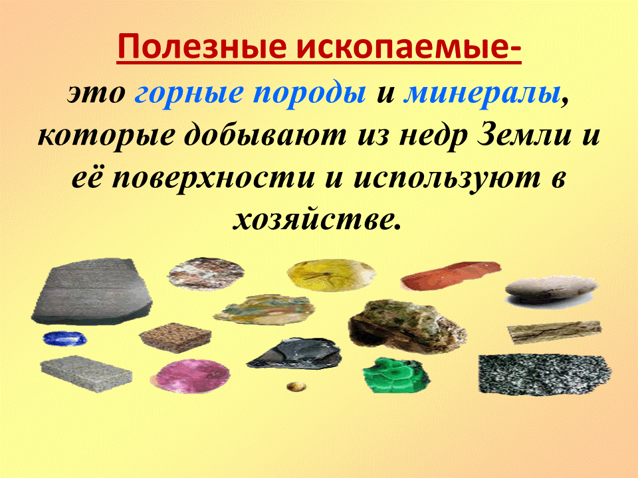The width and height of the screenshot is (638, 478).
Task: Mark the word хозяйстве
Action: pyautogui.click(x=318, y=219)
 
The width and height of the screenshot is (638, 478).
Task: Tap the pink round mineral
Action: pyautogui.click(x=195, y=376)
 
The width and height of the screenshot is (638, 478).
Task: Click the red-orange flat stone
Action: pyautogui.click(x=450, y=276)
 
